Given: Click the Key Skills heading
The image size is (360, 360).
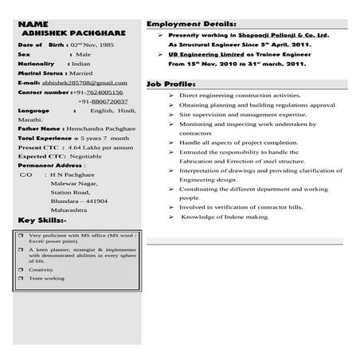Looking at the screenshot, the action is tap(41, 220).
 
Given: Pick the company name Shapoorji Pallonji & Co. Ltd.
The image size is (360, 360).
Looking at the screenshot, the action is tap(282, 36).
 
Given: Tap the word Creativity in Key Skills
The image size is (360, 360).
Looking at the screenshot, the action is tap(42, 270).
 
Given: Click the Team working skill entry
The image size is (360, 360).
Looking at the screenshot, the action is tap(46, 279).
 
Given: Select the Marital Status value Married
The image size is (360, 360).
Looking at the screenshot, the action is tap(81, 72).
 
